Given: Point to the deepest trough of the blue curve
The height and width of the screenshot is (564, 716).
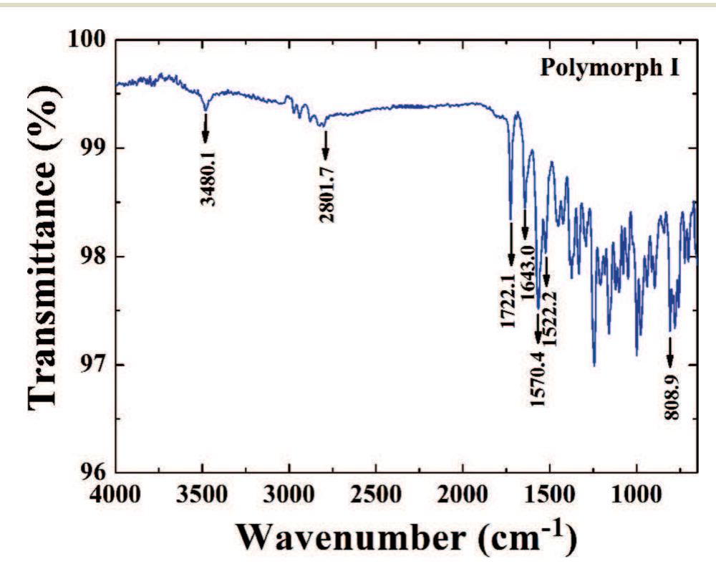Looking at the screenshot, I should [x=594, y=365].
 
